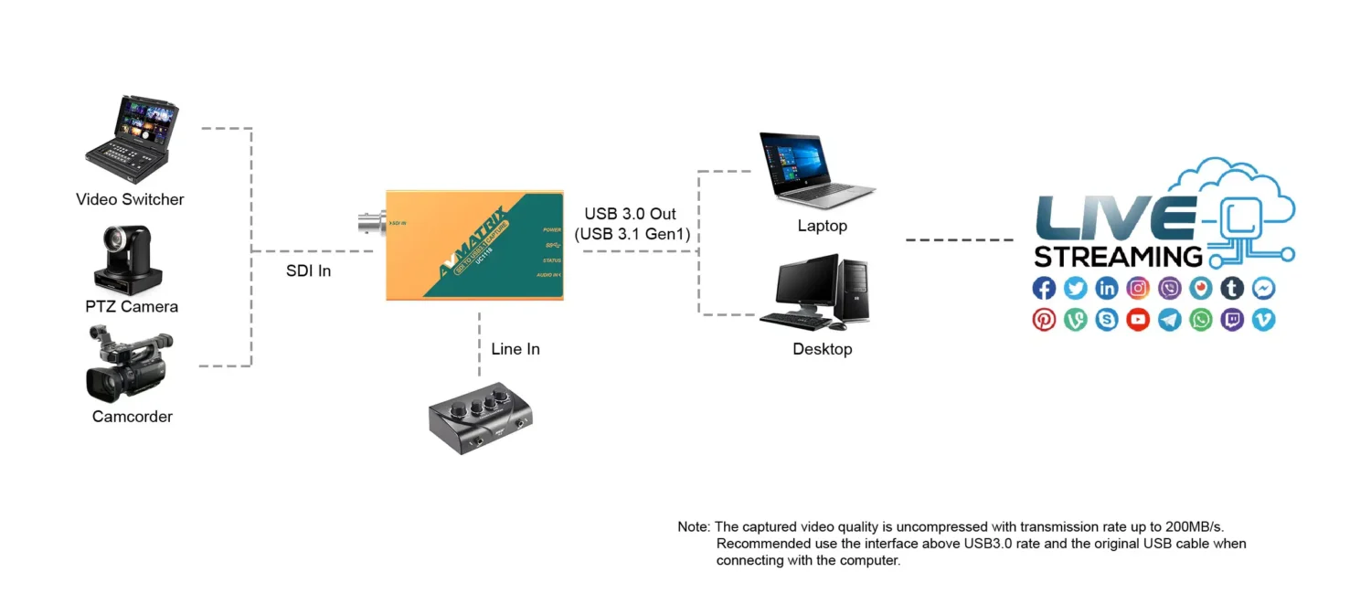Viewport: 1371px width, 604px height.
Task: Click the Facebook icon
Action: [1044, 289]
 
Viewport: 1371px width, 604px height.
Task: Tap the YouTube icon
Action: [1138, 320]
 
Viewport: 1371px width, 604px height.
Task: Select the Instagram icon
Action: [1138, 289]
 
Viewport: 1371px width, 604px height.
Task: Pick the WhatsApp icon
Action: [1201, 320]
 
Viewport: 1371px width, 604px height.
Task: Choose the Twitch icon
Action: [1232, 320]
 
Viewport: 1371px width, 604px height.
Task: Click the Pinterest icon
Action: [1044, 320]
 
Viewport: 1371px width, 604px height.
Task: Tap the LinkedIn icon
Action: [1107, 289]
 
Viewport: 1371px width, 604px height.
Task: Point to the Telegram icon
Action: [1169, 320]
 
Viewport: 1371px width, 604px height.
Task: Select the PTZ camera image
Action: [127, 258]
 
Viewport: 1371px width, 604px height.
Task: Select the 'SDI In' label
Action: [308, 271]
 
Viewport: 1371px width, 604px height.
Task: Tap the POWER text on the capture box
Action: [551, 229]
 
